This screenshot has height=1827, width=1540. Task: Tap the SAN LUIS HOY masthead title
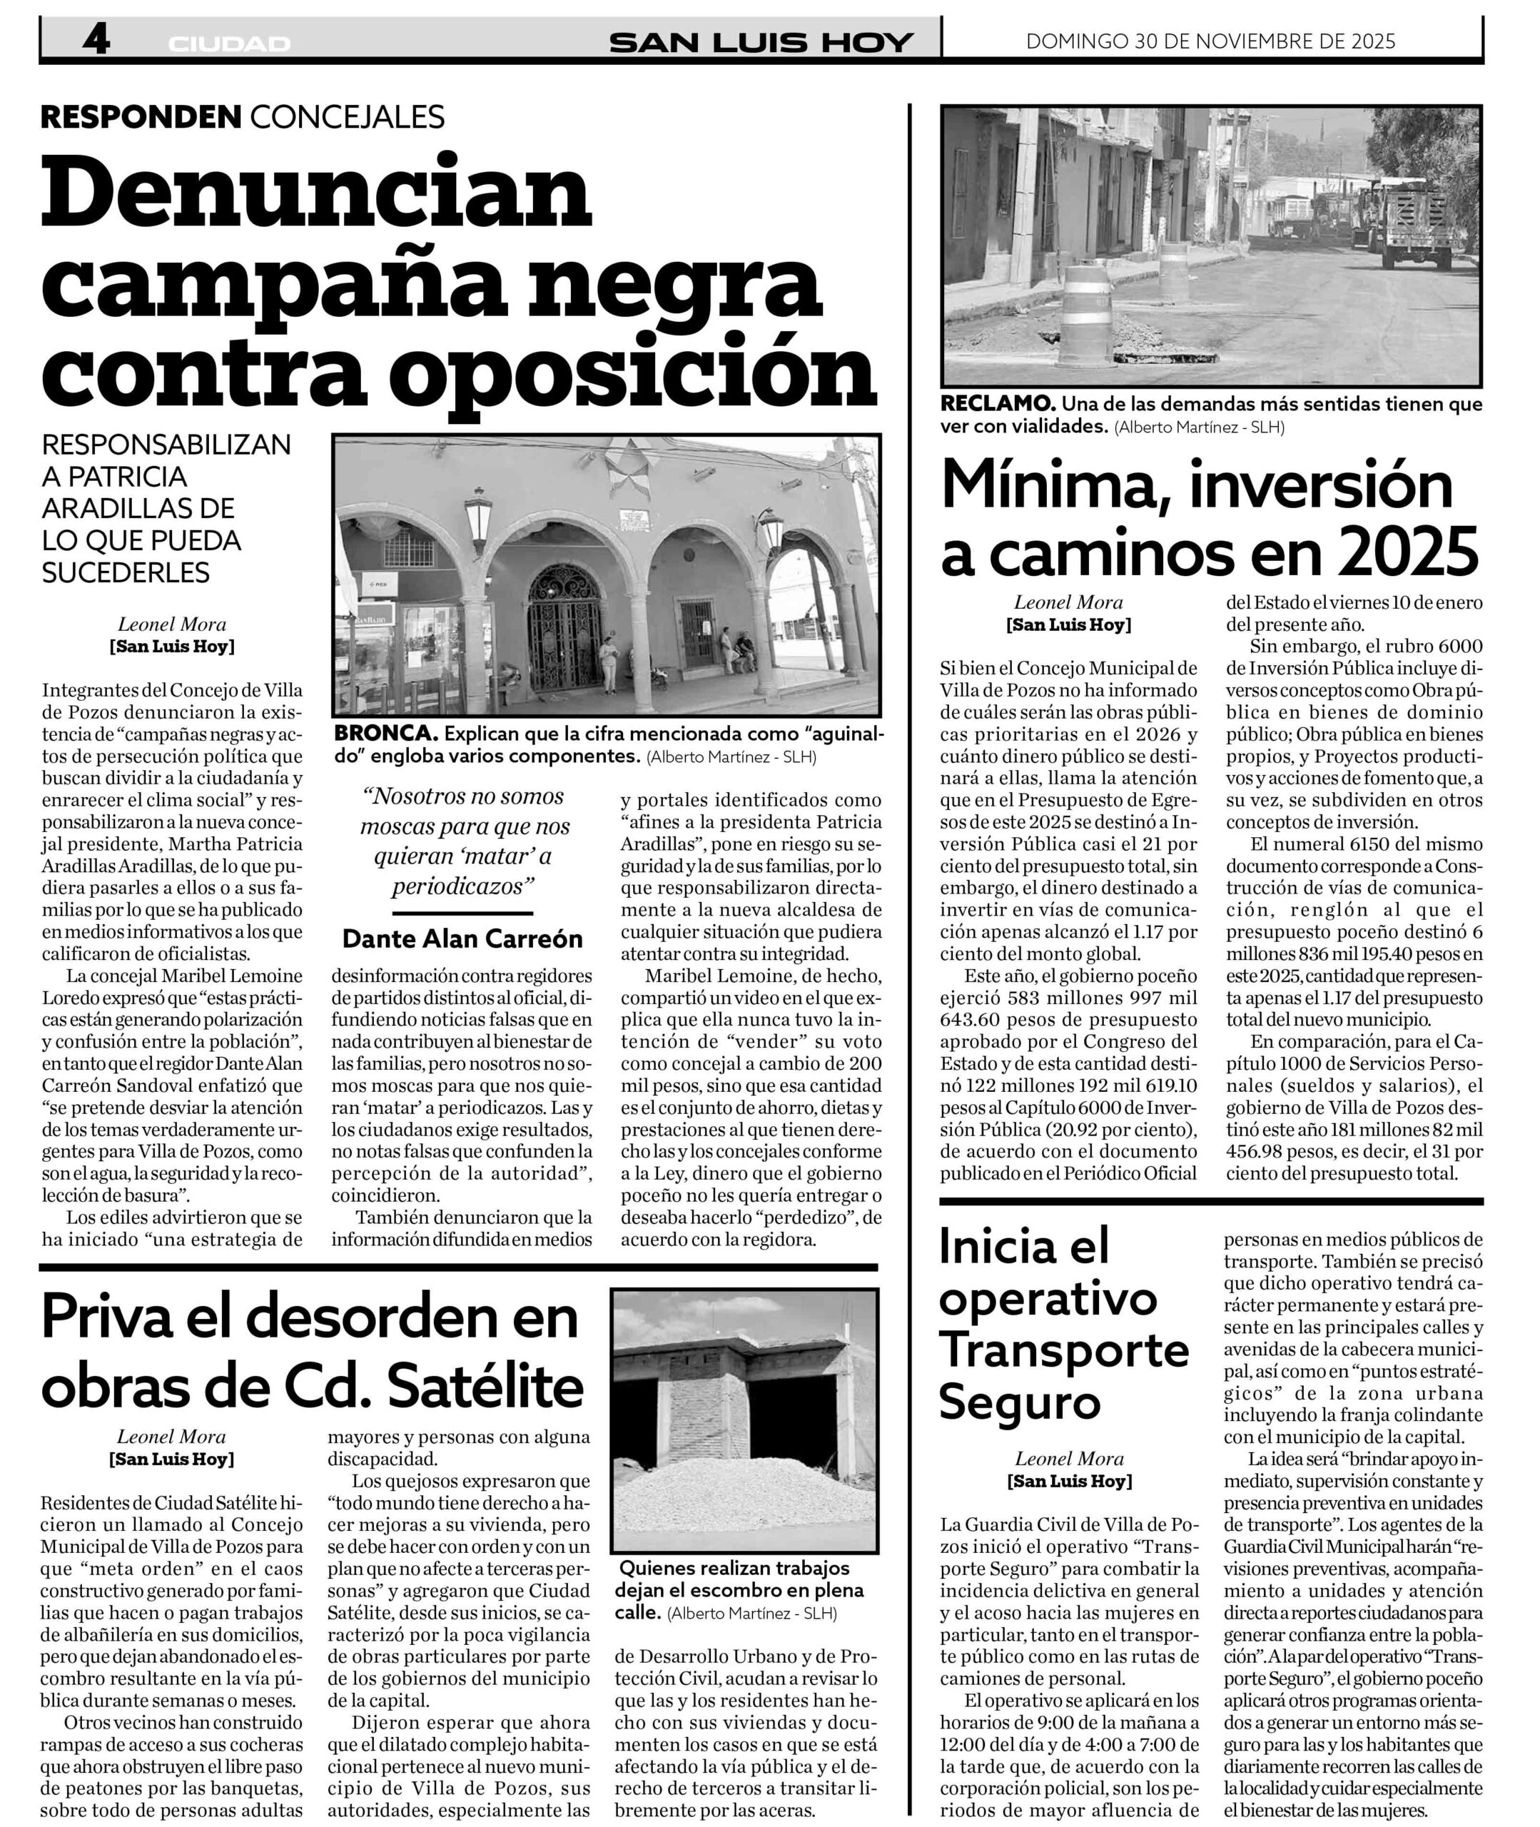tap(761, 42)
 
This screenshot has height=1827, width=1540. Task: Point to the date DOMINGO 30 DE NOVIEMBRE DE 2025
tap(1211, 41)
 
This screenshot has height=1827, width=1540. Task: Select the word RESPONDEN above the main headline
tap(141, 116)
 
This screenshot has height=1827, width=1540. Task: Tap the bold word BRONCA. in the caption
tap(386, 733)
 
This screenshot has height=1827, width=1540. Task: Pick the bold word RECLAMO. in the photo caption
tap(998, 404)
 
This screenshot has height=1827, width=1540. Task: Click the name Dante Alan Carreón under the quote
tap(462, 938)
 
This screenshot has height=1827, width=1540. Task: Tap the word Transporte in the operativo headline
tap(1063, 1350)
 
